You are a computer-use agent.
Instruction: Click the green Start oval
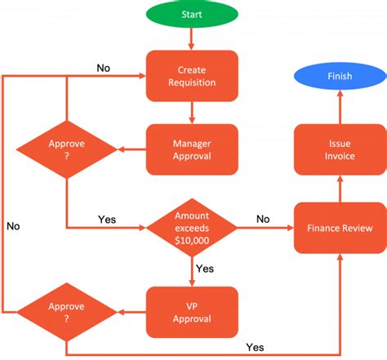[x=192, y=14]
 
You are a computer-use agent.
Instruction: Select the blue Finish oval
[x=340, y=76]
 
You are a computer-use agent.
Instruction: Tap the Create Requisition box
[x=192, y=76]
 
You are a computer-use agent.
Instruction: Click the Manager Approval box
[x=192, y=149]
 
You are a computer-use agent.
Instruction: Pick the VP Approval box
[x=192, y=312]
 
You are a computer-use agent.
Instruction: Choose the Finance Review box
[x=340, y=228]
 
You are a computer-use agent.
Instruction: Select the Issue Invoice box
[x=340, y=149]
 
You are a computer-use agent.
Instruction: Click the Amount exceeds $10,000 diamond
[x=192, y=228]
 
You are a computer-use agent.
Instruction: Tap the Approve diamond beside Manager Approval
[x=67, y=149]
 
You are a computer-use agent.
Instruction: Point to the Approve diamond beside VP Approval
[x=67, y=312]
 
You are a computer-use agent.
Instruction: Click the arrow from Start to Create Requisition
[x=192, y=39]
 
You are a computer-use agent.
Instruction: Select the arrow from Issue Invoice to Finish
[x=340, y=107]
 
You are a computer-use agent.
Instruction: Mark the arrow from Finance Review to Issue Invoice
[x=340, y=189]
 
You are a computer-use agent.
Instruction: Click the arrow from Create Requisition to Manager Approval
[x=192, y=113]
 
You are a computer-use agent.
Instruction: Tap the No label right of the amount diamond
[x=263, y=219]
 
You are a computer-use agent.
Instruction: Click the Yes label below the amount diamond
[x=205, y=269]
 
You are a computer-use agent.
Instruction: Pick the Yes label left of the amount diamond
[x=107, y=220]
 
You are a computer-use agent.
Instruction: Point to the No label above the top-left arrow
[x=104, y=68]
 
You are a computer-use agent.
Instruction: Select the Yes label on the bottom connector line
[x=255, y=347]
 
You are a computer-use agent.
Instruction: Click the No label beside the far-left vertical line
[x=13, y=226]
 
